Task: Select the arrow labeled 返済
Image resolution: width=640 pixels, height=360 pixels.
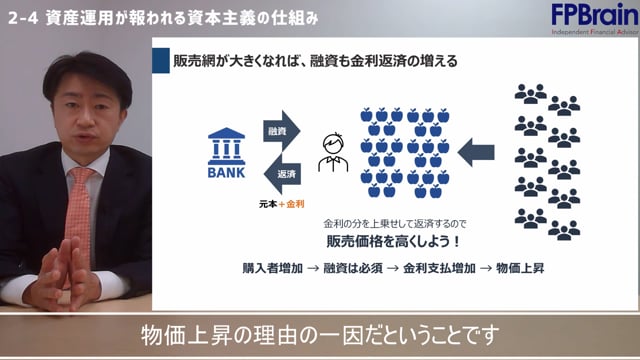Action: [277, 172]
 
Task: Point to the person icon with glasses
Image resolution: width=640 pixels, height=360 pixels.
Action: [332, 152]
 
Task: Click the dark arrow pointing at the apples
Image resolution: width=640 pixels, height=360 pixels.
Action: [476, 152]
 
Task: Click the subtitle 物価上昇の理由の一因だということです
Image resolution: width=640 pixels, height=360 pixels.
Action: [320, 334]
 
